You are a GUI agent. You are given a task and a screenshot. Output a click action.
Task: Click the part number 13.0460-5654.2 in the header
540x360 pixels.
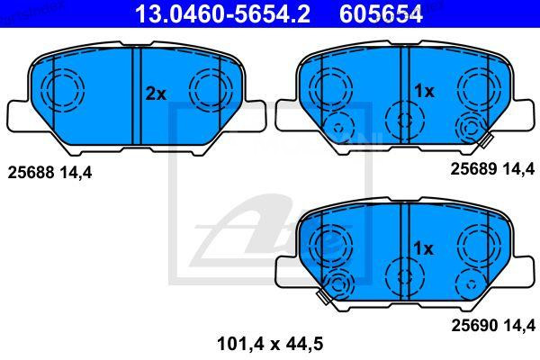[x=228, y=13]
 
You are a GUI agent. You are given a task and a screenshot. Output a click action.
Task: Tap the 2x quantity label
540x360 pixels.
[x=156, y=93]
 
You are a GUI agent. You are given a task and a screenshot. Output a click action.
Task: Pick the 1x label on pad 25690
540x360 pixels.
[x=423, y=247]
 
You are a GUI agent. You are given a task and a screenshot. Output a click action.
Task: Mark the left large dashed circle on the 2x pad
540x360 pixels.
[x=63, y=89]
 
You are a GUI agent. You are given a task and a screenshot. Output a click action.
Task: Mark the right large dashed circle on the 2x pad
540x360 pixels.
[x=209, y=89]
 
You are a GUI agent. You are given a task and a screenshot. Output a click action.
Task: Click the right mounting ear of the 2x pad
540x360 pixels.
[x=255, y=115]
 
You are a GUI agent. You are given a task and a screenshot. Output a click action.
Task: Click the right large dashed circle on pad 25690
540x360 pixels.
[x=475, y=244]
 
